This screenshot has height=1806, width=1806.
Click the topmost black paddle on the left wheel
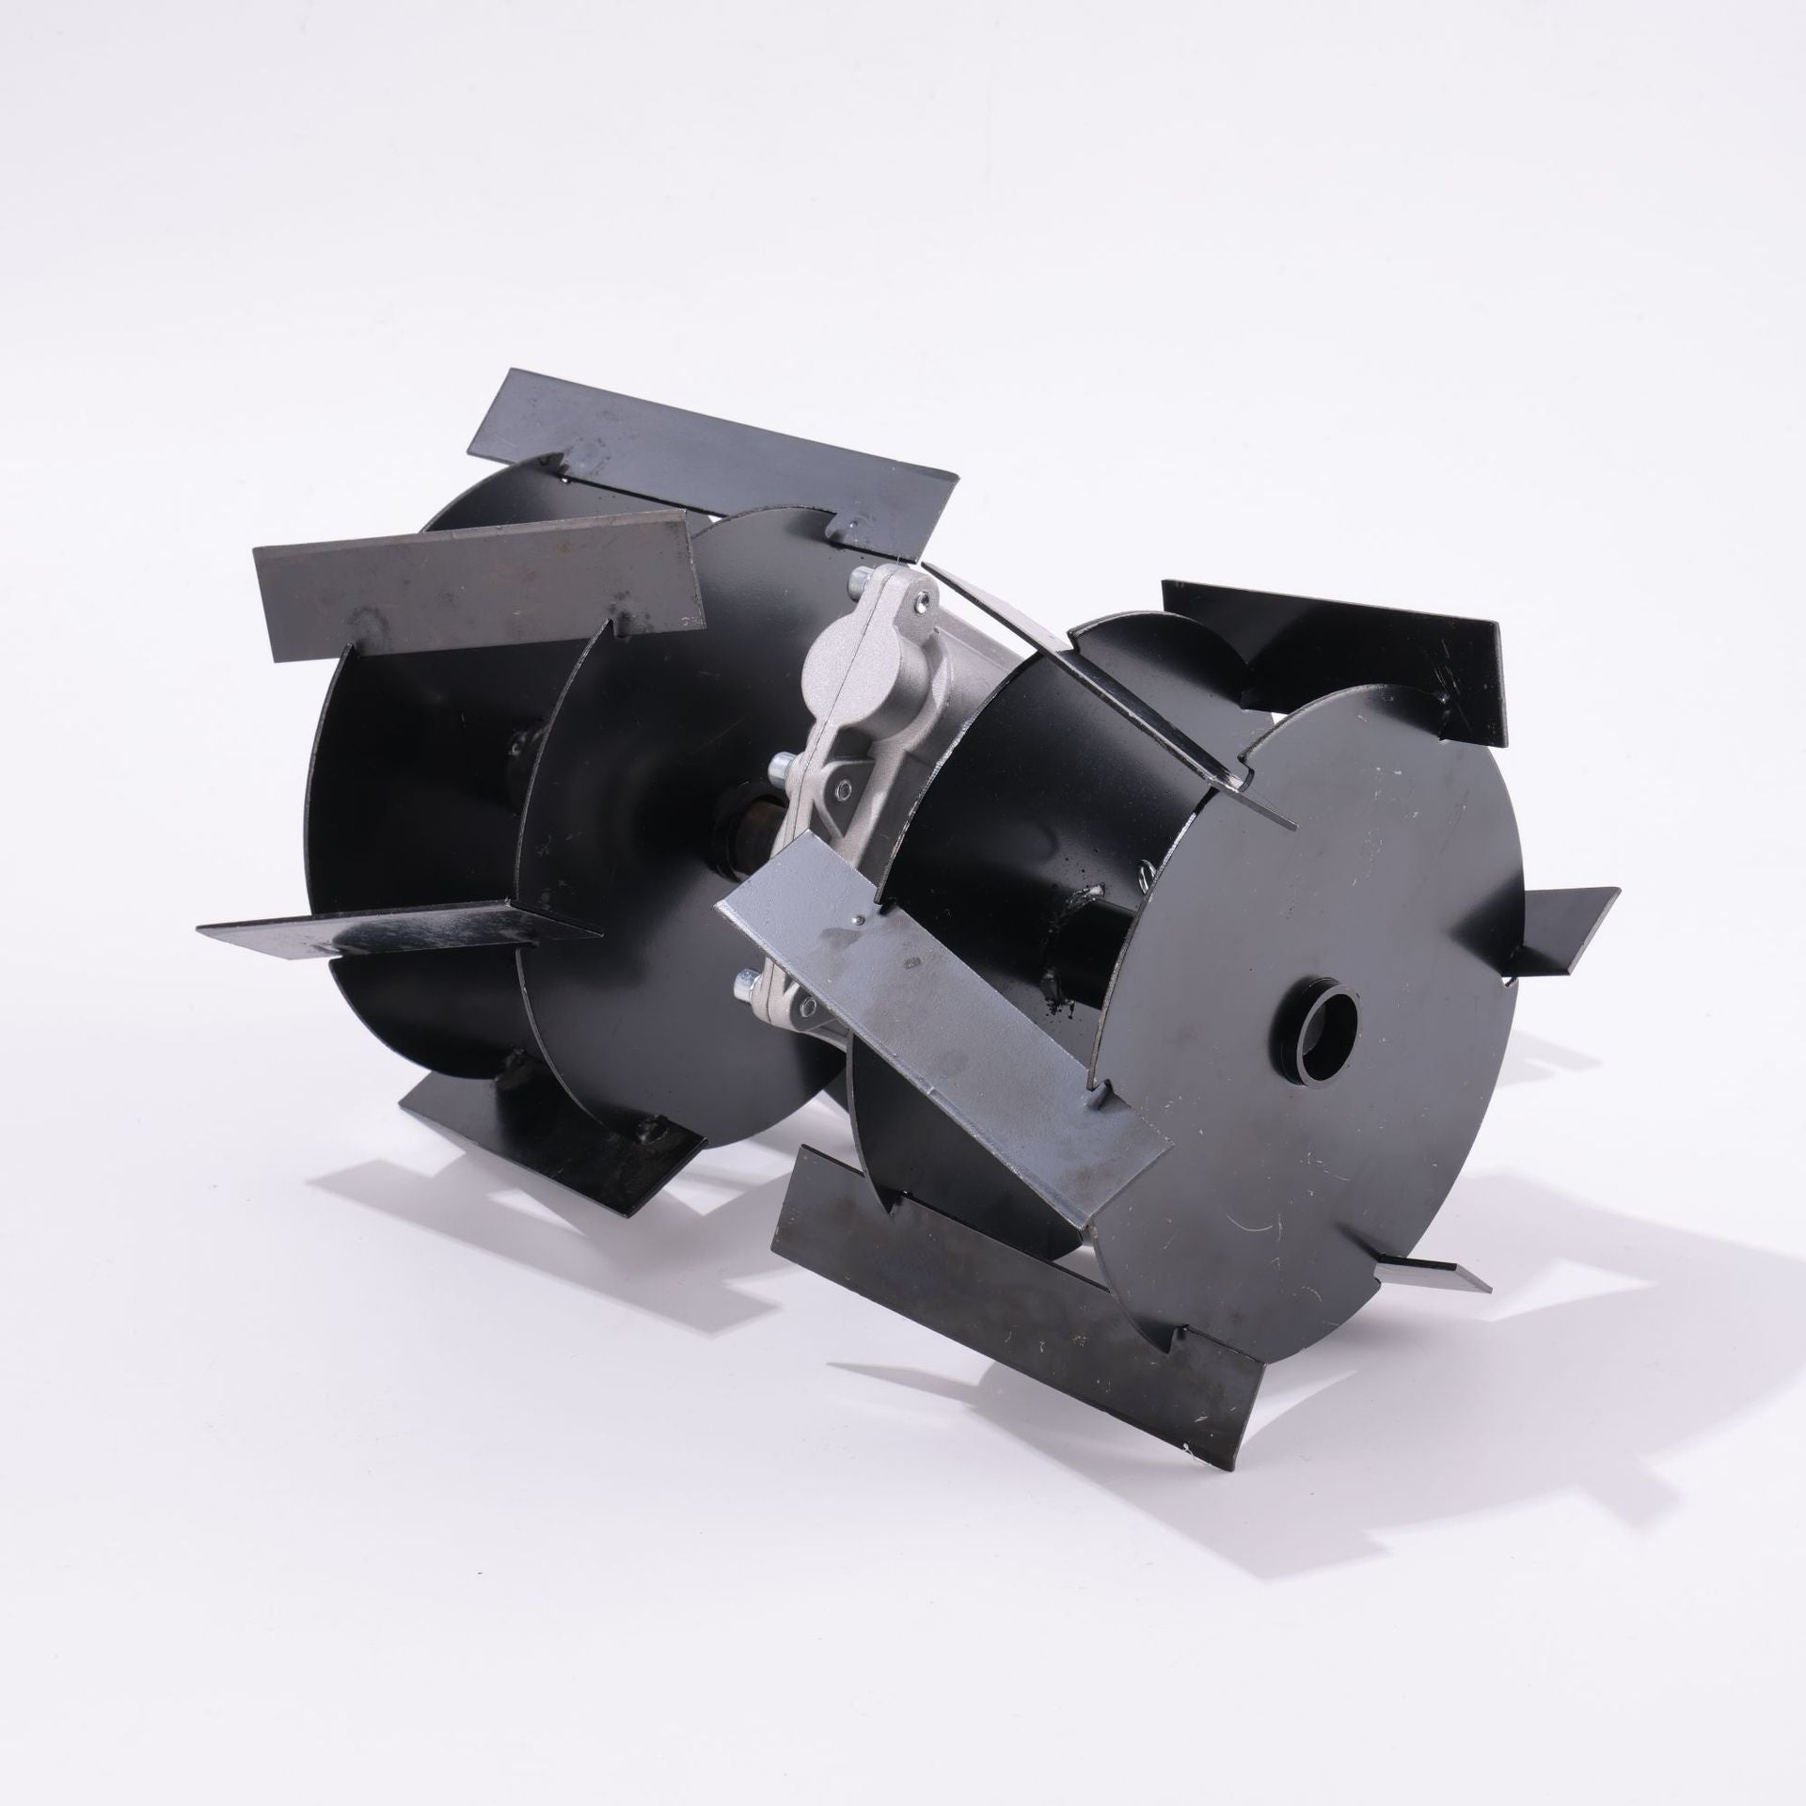coord(715,451)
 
